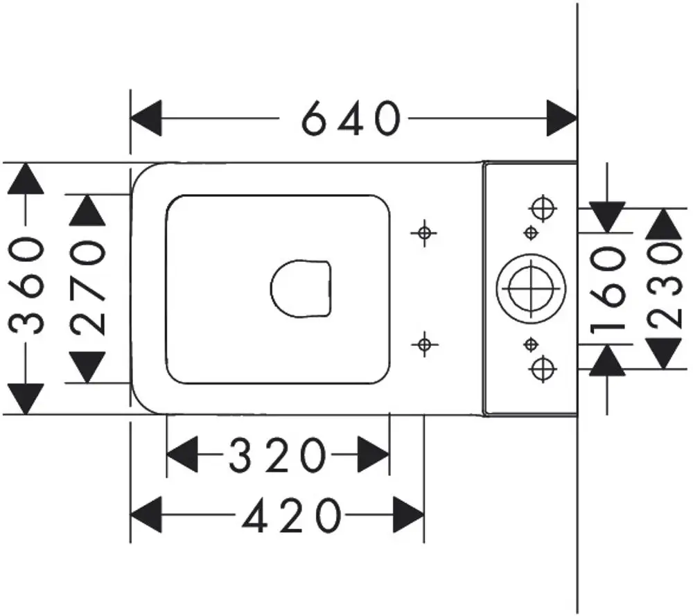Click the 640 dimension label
click(351, 118)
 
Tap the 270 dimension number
click(87, 288)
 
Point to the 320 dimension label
click(278, 455)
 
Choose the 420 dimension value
click(292, 516)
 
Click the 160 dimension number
click(608, 288)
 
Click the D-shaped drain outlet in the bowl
click(301, 288)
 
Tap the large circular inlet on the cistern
click(531, 288)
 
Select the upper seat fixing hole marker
click(424, 232)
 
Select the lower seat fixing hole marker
click(424, 344)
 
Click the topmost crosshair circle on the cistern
click(543, 208)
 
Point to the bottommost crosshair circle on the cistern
click(543, 369)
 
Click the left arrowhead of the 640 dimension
click(146, 118)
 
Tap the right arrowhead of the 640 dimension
click(562, 118)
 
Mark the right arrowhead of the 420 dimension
click(409, 515)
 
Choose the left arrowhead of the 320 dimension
click(182, 455)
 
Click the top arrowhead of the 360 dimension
click(26, 179)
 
